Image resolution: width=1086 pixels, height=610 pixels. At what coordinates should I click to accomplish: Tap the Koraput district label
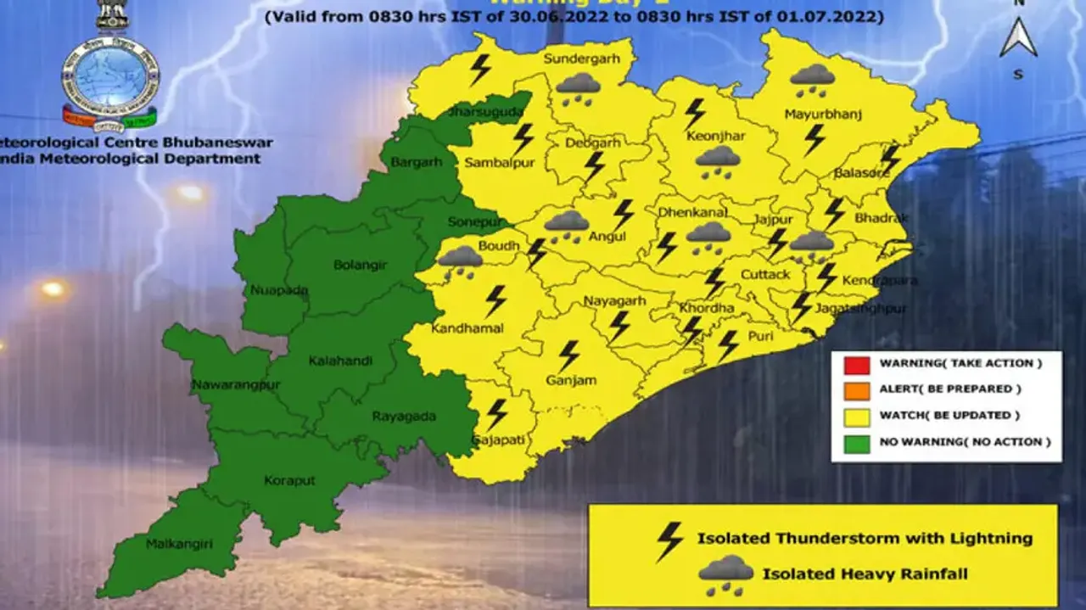[x=289, y=480]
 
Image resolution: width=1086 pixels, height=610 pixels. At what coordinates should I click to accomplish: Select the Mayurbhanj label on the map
[x=810, y=114]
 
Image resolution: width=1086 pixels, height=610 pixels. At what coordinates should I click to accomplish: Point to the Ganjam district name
[x=571, y=380]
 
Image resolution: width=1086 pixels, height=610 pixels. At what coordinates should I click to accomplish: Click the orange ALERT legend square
[x=857, y=390]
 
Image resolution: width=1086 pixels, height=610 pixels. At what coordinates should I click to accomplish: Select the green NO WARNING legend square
[x=857, y=443]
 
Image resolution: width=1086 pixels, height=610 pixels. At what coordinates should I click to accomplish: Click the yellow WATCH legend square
[x=857, y=417]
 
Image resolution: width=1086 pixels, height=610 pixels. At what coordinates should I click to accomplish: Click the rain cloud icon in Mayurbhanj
[x=812, y=79]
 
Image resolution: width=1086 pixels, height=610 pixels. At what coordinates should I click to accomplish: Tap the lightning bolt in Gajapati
[x=496, y=413]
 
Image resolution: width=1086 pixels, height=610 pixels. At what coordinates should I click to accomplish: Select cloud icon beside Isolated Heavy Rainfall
[x=725, y=574]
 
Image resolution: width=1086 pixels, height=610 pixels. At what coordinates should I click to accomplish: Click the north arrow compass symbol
[x=1018, y=39]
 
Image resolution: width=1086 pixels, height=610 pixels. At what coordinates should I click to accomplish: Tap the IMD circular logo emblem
[x=110, y=76]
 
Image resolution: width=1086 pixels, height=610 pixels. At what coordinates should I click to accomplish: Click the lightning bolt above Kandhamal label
[x=495, y=300]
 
